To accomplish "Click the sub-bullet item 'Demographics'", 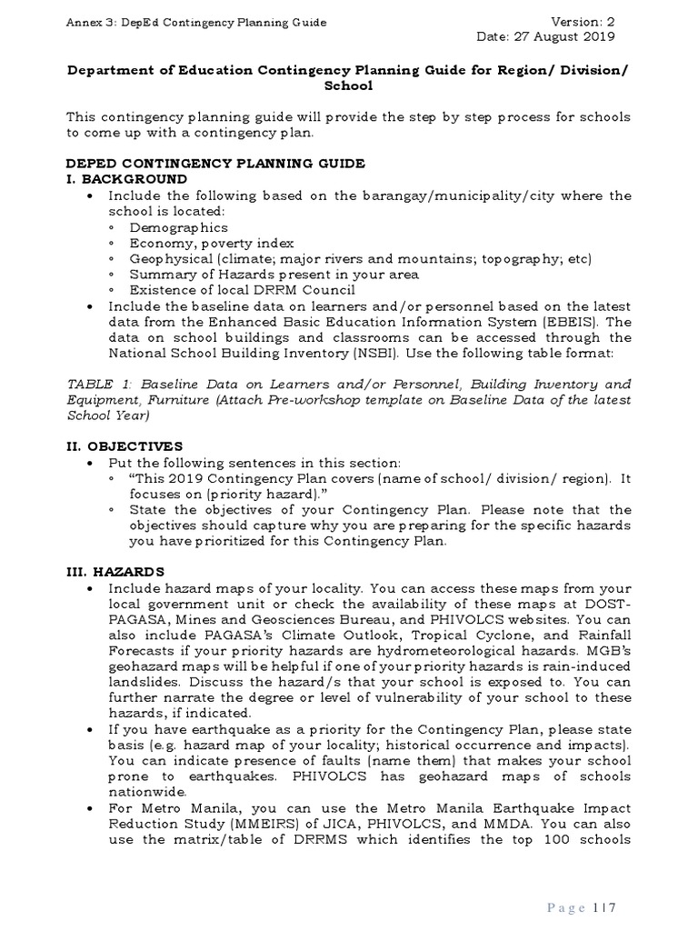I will (178, 227).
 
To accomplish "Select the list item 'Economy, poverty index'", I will (211, 244).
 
